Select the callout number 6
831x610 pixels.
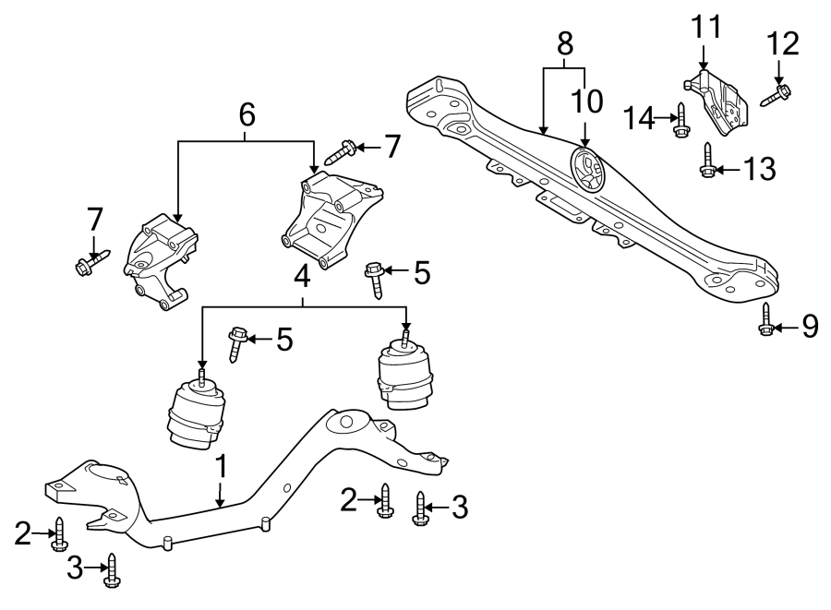(246, 115)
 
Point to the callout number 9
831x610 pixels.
(809, 326)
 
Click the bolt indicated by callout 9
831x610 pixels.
(766, 320)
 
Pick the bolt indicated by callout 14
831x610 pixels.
(680, 120)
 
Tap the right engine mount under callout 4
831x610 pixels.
(405, 377)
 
